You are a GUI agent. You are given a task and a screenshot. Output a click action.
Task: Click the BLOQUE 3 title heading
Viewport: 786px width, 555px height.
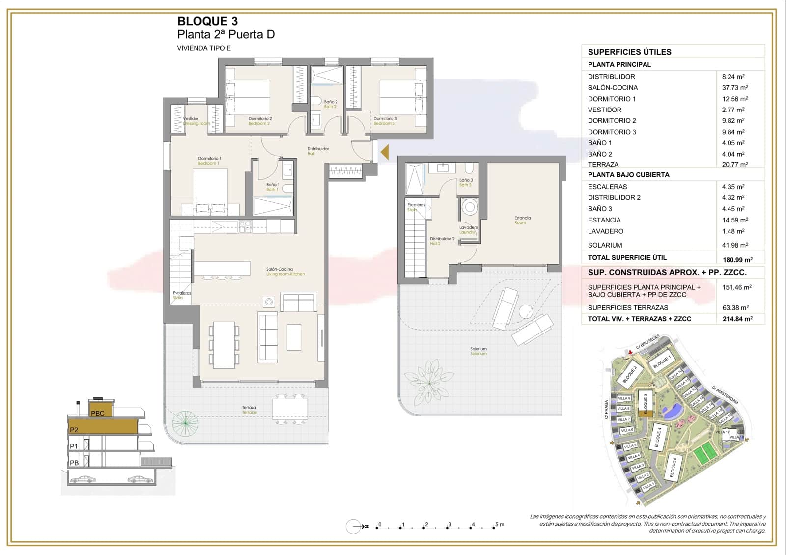(207, 21)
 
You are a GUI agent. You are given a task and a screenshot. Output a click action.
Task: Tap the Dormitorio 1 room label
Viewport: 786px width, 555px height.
(209, 159)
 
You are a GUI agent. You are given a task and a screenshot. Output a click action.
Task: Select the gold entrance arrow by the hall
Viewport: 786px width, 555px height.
(384, 152)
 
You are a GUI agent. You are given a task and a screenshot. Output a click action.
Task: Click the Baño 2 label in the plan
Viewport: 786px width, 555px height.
(331, 102)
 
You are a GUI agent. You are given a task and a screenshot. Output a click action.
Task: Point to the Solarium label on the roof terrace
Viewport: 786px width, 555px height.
(478, 349)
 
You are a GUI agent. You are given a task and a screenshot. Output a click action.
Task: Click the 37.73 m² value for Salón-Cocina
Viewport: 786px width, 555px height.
(734, 88)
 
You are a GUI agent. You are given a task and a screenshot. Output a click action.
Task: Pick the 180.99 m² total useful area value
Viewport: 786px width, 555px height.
(737, 259)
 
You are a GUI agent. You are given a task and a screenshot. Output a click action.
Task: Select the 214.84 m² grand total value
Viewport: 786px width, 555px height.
(737, 319)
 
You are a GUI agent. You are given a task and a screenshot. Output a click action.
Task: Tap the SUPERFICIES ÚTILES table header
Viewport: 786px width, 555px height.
(629, 52)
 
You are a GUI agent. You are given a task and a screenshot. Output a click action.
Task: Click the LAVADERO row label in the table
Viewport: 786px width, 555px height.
(605, 231)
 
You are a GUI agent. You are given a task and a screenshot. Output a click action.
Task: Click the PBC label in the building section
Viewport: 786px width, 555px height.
(98, 413)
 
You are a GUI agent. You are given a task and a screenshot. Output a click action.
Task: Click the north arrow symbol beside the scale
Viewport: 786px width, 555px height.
(356, 527)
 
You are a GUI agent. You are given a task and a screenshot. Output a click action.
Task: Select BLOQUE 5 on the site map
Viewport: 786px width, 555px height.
(673, 467)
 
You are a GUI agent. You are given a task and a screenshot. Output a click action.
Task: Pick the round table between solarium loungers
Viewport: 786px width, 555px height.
(525, 311)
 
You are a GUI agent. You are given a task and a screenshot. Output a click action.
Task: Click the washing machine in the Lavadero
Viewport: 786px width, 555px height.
(470, 208)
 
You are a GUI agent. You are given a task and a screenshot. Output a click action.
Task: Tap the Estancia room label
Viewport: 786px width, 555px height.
(522, 218)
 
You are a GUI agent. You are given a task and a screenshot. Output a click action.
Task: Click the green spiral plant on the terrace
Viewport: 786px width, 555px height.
(185, 422)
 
